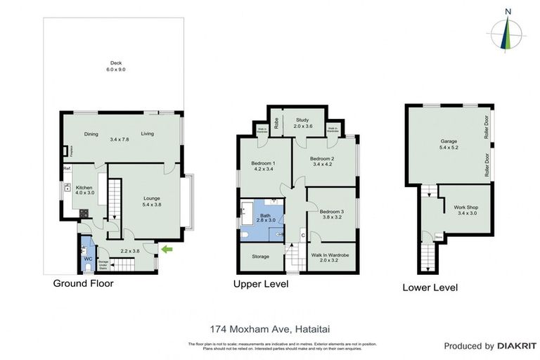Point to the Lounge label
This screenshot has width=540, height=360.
tap(152, 201)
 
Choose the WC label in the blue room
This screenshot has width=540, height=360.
tap(88, 258)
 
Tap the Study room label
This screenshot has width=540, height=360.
tap(303, 122)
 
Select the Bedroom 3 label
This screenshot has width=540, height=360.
tap(331, 214)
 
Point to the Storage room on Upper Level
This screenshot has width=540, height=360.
tap(261, 257)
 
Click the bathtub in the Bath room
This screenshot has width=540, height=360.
tap(248, 213)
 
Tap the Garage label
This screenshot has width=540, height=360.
tap(449, 144)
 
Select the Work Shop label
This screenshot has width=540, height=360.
tap(466, 210)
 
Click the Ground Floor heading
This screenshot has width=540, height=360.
tap(83, 283)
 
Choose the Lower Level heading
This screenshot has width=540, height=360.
tap(430, 287)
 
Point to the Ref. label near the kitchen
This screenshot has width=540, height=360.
tap(67, 169)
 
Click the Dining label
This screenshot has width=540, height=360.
tap(91, 134)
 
